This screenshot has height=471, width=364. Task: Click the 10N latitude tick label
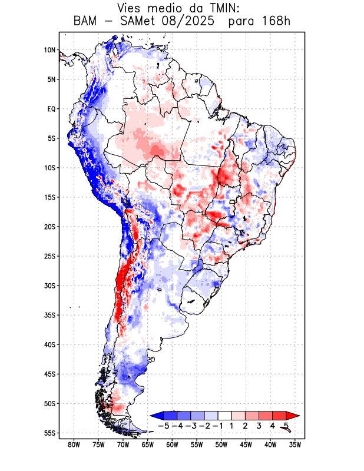49,50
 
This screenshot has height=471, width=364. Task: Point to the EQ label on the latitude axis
51,109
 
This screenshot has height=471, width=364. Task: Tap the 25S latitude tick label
49,256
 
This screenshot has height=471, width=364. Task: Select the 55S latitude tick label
49,433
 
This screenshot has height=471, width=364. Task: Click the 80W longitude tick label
74,445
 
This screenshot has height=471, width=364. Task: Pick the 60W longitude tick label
173,445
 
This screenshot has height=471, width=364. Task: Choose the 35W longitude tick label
295,445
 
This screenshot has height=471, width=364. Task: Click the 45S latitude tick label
49,374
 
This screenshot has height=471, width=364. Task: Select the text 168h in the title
276,22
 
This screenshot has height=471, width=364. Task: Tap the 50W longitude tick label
221,445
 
